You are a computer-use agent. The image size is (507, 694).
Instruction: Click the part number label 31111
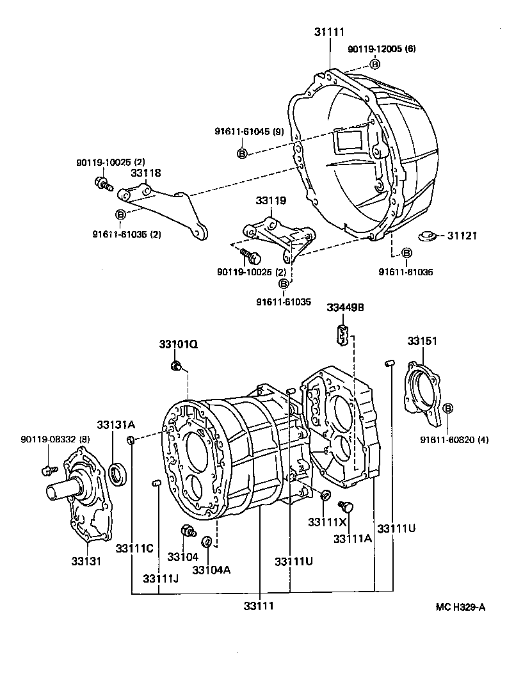coord(328,31)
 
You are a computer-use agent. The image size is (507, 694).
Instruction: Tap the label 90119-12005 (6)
coord(382,49)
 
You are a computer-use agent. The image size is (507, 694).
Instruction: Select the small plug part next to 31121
coord(425,236)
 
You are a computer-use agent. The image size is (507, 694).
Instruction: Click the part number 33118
coord(146,173)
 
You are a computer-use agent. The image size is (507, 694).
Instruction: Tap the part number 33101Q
coord(179,344)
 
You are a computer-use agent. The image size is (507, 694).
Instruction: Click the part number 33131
coord(86,561)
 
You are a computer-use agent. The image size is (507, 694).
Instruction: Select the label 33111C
coord(134,548)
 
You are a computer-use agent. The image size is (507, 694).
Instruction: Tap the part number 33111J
coord(160,579)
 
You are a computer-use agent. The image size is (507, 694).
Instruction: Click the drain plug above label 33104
coord(188,531)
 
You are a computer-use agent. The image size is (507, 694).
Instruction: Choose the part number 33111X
coord(326,522)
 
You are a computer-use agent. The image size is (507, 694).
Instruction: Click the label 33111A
coord(352,538)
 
